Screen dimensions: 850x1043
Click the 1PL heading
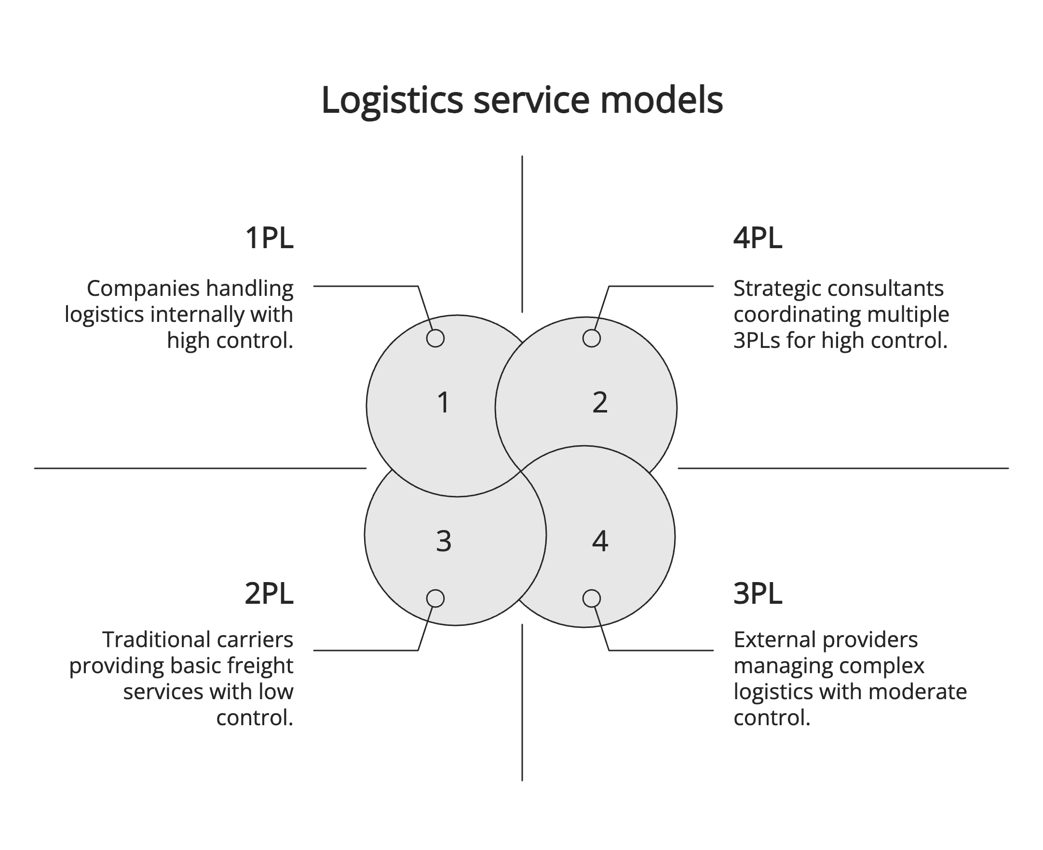269,238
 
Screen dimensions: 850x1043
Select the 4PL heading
757,238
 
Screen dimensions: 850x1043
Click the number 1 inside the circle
443,403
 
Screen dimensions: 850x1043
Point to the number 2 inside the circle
600,403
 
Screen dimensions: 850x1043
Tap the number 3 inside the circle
443,542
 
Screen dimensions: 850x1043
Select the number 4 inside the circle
600,542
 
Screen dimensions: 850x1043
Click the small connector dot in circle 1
435,338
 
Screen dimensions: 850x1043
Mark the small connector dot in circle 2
591,338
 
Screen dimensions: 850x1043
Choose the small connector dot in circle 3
435,598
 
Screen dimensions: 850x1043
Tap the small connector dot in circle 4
591,598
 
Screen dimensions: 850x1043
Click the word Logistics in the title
392,100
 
